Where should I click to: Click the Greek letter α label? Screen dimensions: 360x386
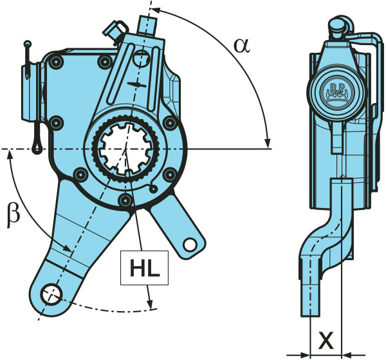(241, 45)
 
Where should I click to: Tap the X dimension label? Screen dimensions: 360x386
(326, 339)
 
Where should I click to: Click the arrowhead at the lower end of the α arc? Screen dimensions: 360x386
(267, 142)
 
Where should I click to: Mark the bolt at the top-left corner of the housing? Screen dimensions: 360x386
(57, 62)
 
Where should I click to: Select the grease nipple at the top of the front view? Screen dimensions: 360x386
(114, 28)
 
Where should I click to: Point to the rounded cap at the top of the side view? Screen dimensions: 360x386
(336, 26)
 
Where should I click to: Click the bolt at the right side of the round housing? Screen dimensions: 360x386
(169, 122)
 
